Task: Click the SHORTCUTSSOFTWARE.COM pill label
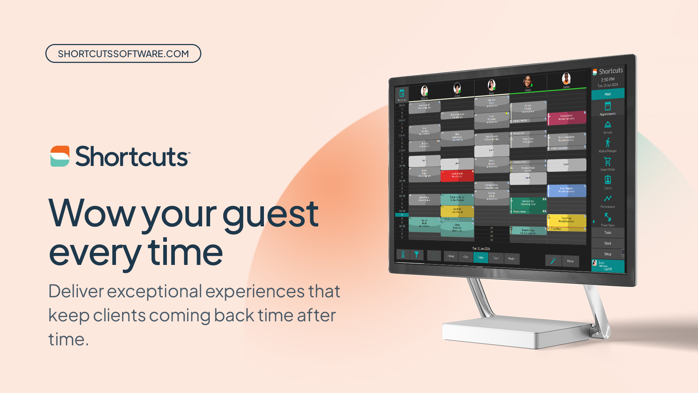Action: [123, 53]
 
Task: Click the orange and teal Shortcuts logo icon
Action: [60, 156]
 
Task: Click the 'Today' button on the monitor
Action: [481, 257]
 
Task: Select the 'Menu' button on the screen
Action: [570, 261]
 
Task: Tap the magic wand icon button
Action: [553, 260]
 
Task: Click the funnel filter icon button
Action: [417, 254]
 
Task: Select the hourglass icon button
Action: [403, 254]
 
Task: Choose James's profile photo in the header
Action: [566, 79]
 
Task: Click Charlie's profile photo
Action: [424, 91]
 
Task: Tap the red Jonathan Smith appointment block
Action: [457, 175]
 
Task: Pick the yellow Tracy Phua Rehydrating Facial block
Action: [566, 220]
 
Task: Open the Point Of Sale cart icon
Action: [607, 162]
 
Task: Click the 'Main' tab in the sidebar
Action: [607, 94]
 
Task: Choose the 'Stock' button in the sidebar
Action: [607, 243]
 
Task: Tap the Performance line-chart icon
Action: [607, 199]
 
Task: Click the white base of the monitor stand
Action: [516, 333]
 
